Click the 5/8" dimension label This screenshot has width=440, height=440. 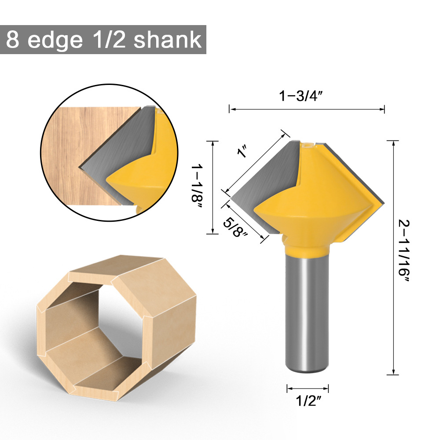(236, 225)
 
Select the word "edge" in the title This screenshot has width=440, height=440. (55, 40)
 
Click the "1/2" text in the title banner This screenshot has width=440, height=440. (110, 40)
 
